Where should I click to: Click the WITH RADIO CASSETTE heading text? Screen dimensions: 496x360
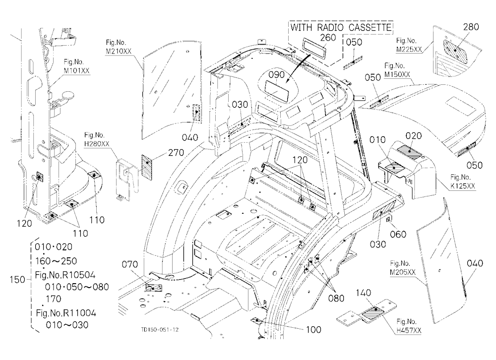coord(341,27)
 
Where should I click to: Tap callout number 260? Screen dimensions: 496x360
coord(328,37)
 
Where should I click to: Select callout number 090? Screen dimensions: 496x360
coord(277,75)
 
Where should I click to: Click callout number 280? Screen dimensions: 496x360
coord(471,27)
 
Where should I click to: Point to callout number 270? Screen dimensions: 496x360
coord(176,152)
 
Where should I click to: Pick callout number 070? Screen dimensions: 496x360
coord(129,264)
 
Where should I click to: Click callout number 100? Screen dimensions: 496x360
coord(313,330)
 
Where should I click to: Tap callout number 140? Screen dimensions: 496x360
coord(363,293)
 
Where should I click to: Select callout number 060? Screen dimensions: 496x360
coord(398,234)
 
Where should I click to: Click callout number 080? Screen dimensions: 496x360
coord(336,298)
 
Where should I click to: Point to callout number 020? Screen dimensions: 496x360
coord(414,136)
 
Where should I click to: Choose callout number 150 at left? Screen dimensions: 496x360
coord(17,279)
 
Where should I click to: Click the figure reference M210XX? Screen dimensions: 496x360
coord(119,51)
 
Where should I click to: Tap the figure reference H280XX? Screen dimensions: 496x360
coord(97,144)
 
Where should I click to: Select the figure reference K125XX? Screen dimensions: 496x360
coord(463,186)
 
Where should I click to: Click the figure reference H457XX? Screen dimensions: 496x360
coord(409,331)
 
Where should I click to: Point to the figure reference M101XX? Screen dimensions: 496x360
coord(76,70)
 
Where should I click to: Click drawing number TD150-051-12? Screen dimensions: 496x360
coord(160,330)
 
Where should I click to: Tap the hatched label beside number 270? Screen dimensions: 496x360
coord(146,167)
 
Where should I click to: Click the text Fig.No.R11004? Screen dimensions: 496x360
coord(66,313)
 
